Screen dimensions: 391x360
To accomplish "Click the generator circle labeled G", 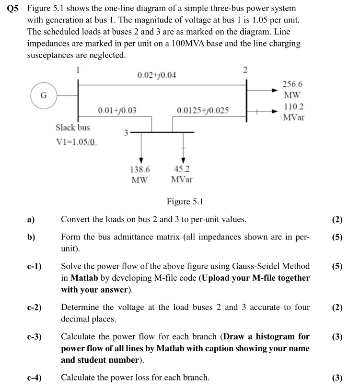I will [43, 95].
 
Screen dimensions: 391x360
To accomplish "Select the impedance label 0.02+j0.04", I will [156, 75].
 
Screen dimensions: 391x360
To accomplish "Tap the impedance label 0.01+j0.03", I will [117, 110].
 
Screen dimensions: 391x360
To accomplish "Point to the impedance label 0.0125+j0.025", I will [202, 110].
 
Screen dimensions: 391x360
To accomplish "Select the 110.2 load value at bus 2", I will [293, 107].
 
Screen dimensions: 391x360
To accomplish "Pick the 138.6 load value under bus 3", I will [140, 169].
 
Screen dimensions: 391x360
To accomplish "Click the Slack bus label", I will [72, 128].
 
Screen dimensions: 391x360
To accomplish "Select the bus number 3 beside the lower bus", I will [126, 132].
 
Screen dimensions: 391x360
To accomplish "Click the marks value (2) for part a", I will [337, 220].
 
